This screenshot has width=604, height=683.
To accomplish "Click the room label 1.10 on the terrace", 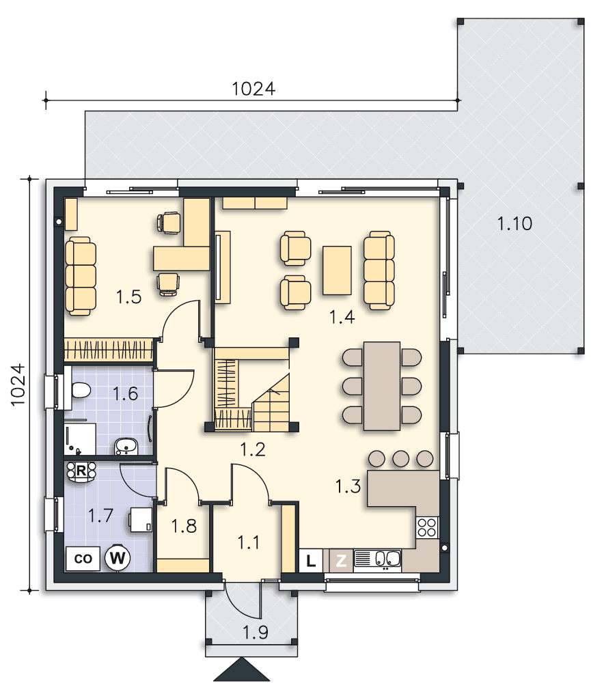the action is (514, 224).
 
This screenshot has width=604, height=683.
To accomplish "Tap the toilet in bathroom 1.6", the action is (80, 390).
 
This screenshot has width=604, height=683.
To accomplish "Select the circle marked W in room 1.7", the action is (118, 557).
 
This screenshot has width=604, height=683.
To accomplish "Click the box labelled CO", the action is (83, 559).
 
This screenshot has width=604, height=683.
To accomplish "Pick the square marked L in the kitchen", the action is (311, 561).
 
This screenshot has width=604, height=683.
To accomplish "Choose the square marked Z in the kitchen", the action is (341, 561).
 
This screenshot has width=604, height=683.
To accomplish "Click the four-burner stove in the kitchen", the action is (427, 527).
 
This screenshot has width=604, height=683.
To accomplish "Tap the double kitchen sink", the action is (378, 560).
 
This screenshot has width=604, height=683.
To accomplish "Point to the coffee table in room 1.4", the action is (337, 270).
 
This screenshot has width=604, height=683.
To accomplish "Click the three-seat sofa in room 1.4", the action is (379, 270).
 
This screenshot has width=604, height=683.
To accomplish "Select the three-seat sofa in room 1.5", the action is (81, 276).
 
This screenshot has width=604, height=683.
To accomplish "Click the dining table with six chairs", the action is (382, 386).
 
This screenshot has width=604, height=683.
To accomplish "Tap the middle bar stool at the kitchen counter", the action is (401, 459).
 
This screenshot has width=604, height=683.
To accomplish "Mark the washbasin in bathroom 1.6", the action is (126, 447).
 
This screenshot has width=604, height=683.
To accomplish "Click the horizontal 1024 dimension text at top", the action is (253, 89).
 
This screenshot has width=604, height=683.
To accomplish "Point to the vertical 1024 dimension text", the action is (18, 385).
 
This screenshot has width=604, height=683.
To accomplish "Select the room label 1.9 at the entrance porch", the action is (256, 632).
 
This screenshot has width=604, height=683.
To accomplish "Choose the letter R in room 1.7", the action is (81, 471).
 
